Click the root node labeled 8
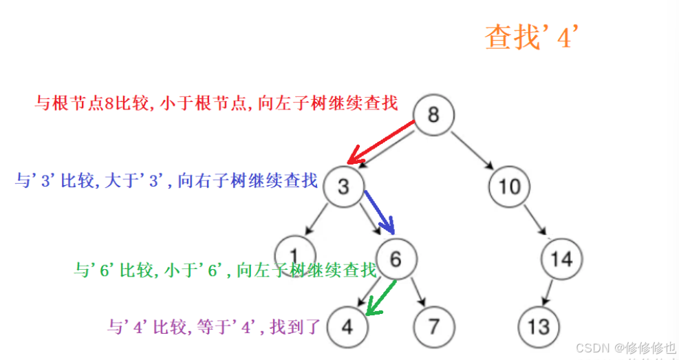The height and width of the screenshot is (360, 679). click(x=433, y=114)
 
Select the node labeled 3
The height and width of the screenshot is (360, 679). click(x=344, y=187)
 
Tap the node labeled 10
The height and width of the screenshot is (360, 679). click(x=510, y=187)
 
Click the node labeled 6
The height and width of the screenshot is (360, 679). click(x=395, y=259)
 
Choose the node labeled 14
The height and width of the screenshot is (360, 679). click(x=561, y=259)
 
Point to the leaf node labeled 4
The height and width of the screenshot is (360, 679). click(x=347, y=326)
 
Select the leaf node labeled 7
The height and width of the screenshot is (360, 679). click(x=433, y=326)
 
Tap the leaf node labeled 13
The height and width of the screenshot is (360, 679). click(x=538, y=326)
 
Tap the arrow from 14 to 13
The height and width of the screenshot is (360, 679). click(x=550, y=292)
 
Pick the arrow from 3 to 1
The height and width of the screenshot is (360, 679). click(x=317, y=219)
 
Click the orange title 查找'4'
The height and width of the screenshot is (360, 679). click(x=530, y=38)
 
